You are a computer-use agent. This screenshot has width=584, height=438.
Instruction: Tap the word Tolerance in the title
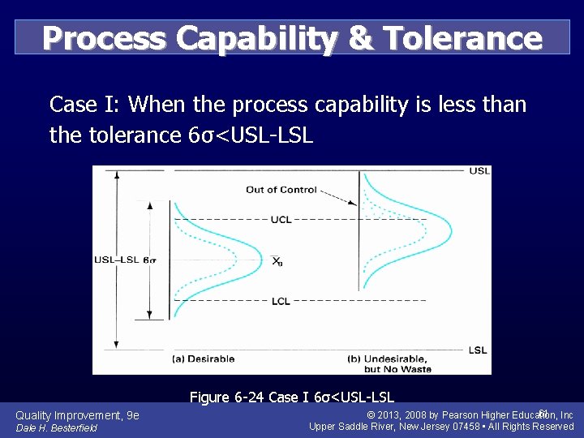(x=462, y=38)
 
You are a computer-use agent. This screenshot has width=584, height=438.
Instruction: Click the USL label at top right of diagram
(x=479, y=170)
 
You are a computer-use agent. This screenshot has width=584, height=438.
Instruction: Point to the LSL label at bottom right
(x=479, y=350)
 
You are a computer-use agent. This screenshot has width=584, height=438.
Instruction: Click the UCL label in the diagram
(x=281, y=220)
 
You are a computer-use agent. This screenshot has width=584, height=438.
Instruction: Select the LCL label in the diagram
(x=281, y=301)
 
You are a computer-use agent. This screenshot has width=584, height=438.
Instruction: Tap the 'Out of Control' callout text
(x=281, y=190)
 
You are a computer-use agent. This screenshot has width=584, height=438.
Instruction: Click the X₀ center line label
(x=277, y=260)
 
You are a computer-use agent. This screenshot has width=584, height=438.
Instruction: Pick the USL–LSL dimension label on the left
(x=117, y=260)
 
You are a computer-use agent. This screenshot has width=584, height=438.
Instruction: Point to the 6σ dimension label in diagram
(x=151, y=260)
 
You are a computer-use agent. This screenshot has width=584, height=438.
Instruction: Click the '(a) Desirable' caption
(x=204, y=359)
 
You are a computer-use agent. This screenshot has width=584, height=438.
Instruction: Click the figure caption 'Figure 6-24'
(x=224, y=397)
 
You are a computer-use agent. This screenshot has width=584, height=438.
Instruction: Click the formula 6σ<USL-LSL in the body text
(x=249, y=135)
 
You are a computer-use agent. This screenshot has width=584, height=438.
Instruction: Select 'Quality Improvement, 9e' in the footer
(x=77, y=415)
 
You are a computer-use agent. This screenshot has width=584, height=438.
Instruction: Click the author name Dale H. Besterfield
(x=56, y=427)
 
